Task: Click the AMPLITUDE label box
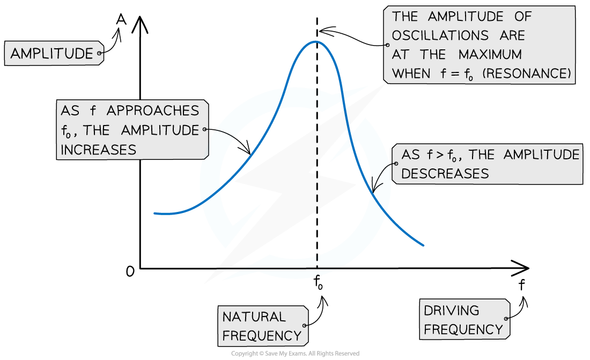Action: coord(54,53)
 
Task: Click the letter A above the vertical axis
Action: coord(121,19)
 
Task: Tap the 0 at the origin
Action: coord(130,271)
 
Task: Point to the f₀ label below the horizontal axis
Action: coord(318,282)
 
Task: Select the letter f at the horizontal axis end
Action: coord(521,285)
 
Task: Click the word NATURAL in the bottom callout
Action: coord(254,317)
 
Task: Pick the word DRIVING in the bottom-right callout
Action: coord(451,310)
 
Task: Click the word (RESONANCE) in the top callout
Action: coord(527,73)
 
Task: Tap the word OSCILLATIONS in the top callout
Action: coord(440,35)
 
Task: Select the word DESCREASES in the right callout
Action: coord(445,174)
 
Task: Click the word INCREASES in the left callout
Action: coord(98,150)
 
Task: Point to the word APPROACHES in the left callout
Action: coord(153,111)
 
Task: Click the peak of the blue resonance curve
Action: coord(316,41)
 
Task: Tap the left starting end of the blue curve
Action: coord(154,214)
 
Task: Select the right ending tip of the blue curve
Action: coord(423,245)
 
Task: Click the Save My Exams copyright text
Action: coord(295,353)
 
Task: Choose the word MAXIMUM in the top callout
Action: coord(490,54)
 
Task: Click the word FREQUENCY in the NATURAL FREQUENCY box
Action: coord(262,335)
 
